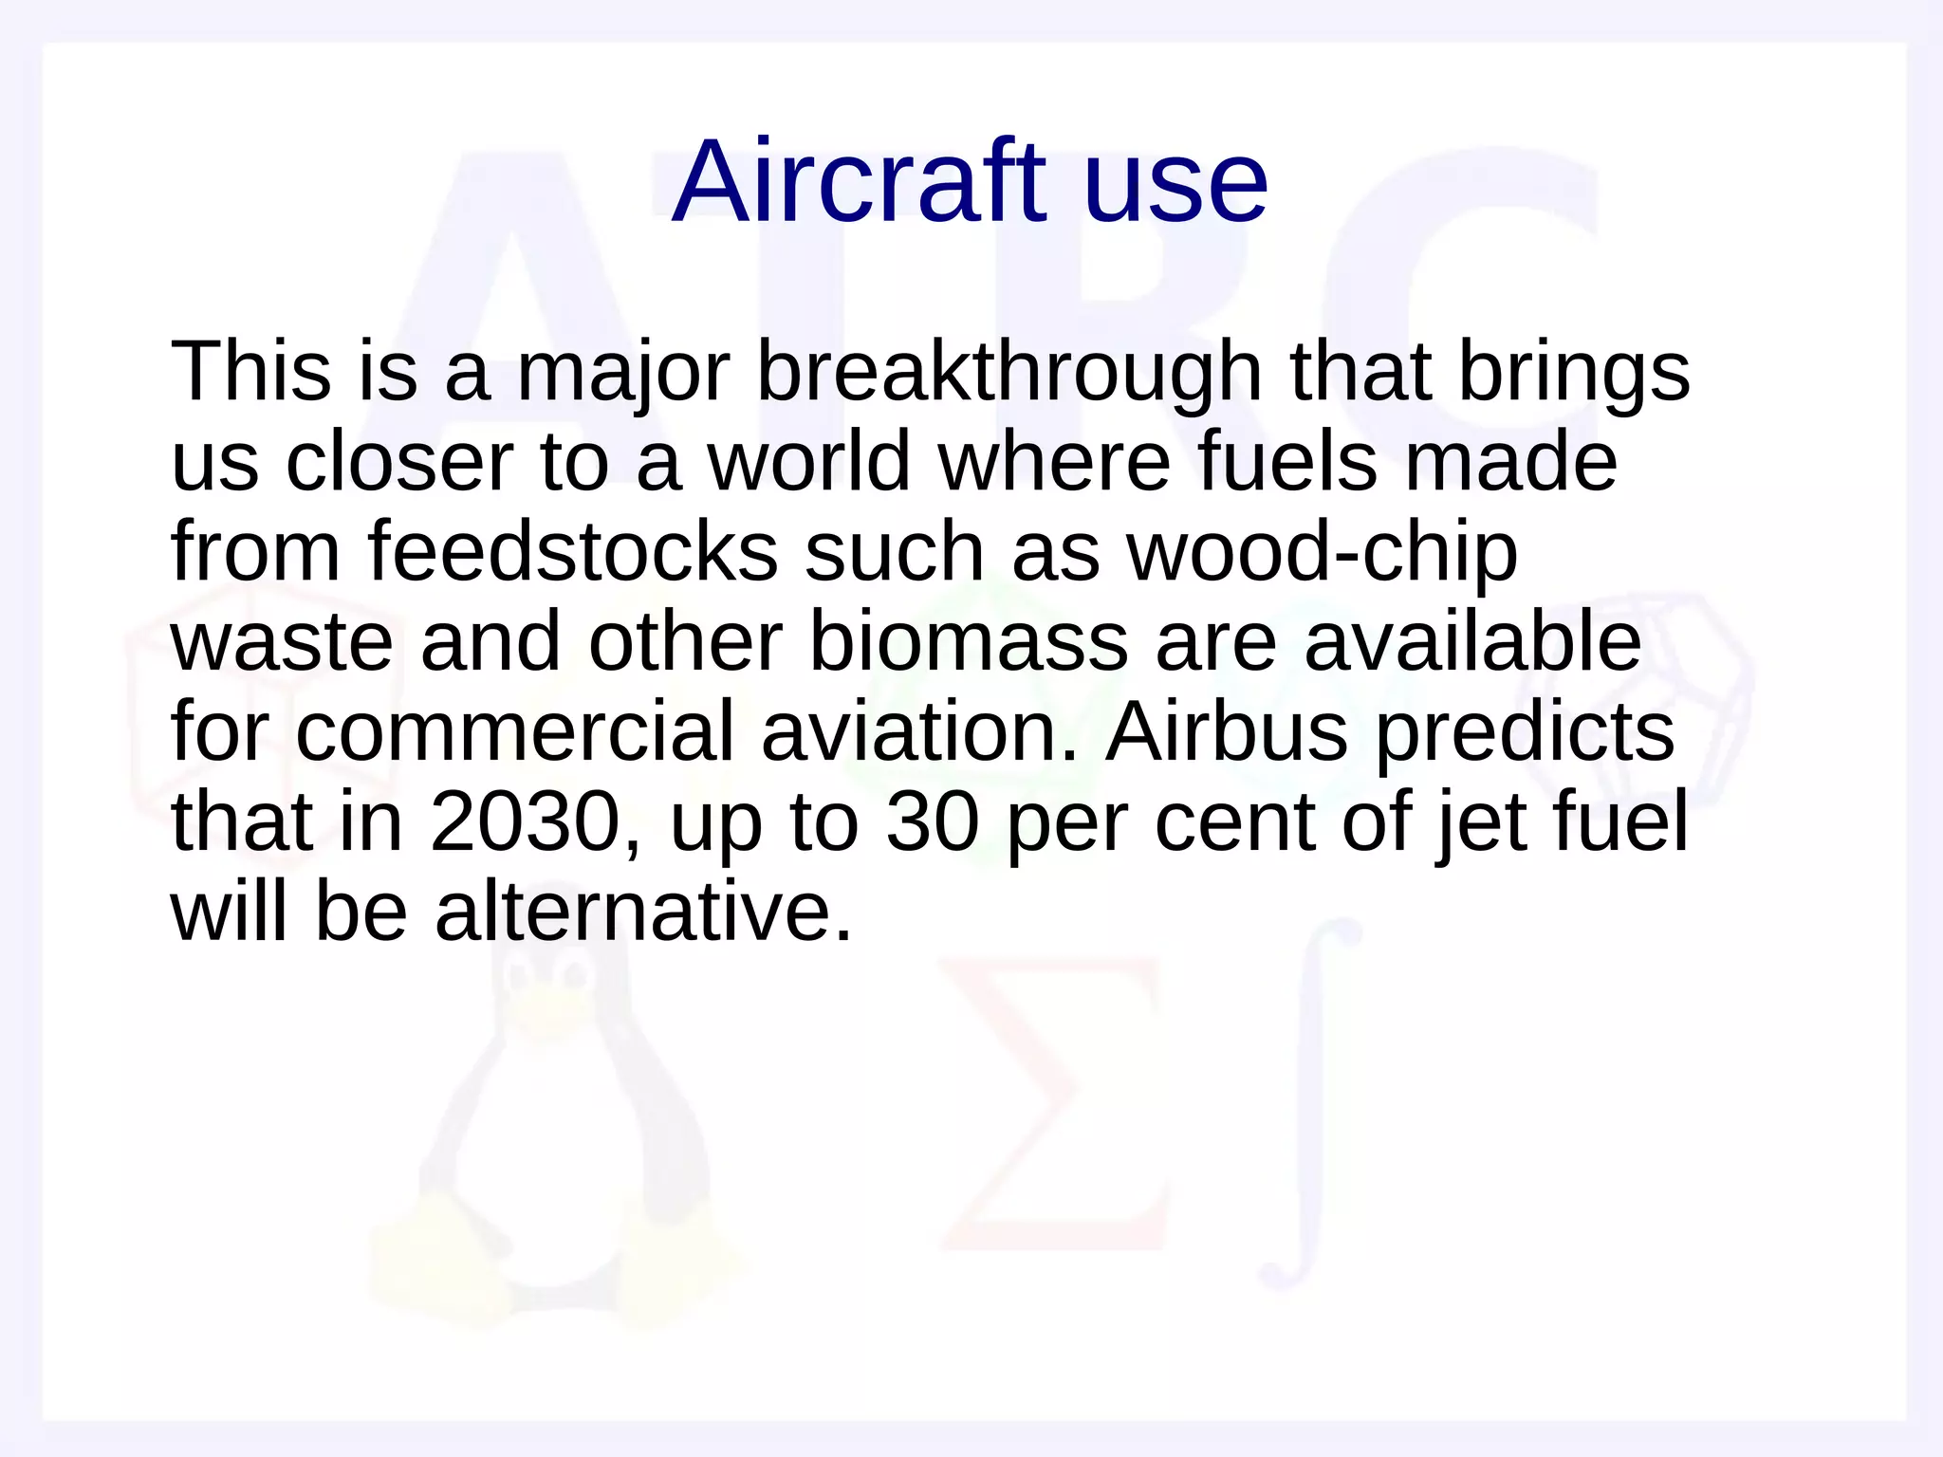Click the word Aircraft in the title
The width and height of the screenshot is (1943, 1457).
click(859, 182)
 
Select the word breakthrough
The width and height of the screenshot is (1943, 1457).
click(1009, 372)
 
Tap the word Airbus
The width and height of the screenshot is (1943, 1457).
click(1226, 732)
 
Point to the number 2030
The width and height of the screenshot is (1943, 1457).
click(525, 822)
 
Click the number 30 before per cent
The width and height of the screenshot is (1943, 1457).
click(932, 822)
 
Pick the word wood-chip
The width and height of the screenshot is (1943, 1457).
click(1322, 552)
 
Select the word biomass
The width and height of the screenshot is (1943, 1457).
click(968, 642)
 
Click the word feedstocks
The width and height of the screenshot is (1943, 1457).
click(572, 552)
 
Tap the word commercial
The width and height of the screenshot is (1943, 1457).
click(514, 732)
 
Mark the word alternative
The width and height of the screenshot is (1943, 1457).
click(643, 913)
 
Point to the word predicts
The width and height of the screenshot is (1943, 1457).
click(1524, 732)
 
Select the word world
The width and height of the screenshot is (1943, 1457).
click(808, 462)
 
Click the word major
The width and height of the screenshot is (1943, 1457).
click(622, 372)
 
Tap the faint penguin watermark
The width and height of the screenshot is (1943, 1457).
click(560, 1138)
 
